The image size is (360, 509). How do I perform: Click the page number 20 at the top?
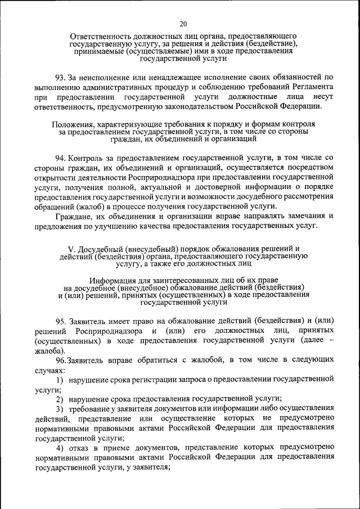[183, 24]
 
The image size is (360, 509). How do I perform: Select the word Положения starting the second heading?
[71, 123]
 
